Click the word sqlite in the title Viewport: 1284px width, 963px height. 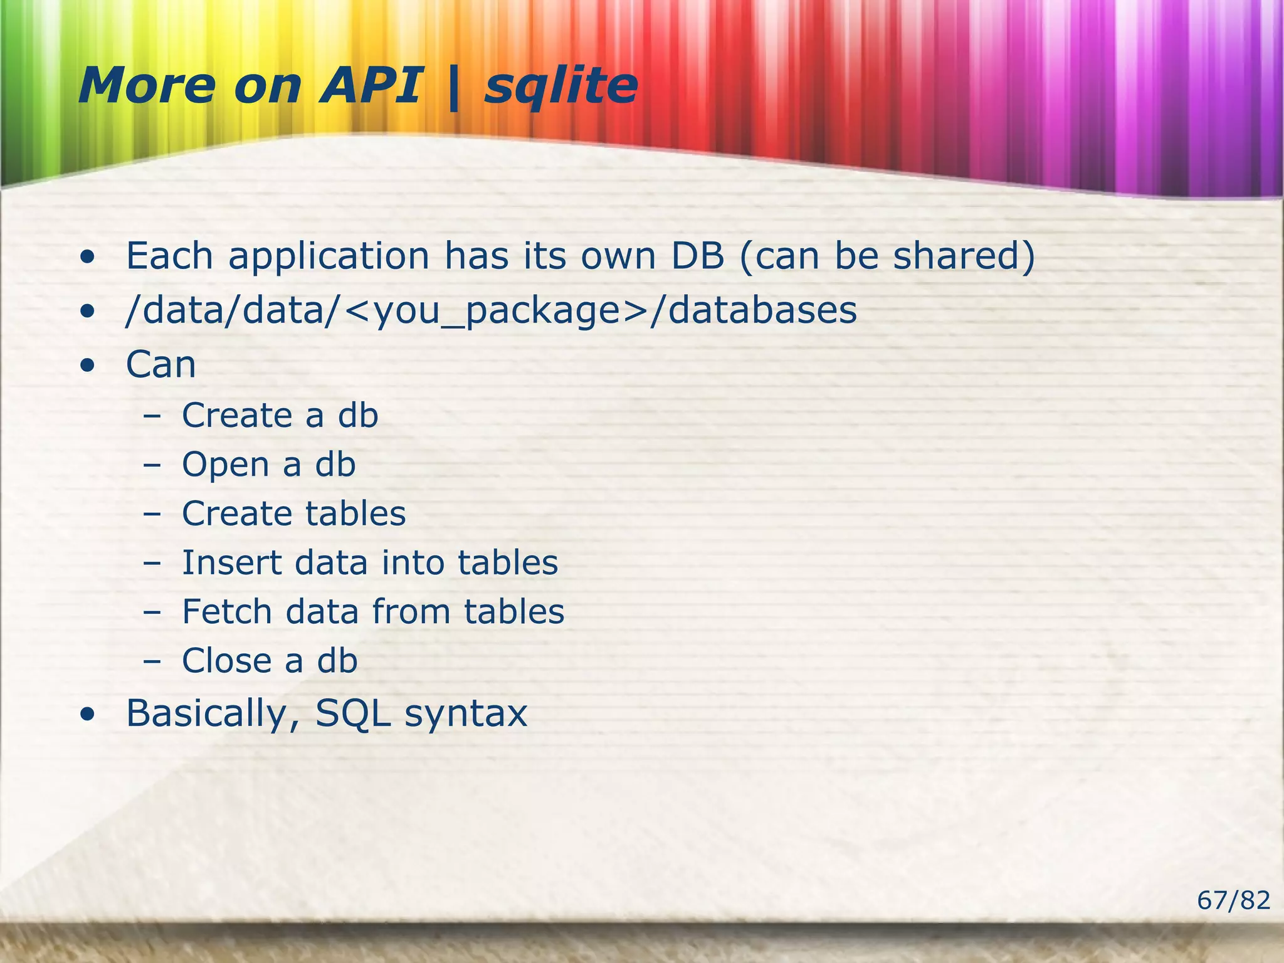(561, 86)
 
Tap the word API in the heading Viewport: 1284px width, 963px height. (370, 86)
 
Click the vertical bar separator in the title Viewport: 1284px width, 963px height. (453, 88)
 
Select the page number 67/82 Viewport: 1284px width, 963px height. (1233, 900)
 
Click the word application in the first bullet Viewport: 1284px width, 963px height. (329, 257)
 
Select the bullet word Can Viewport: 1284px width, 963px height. (160, 365)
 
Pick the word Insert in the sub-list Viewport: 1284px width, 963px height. (231, 562)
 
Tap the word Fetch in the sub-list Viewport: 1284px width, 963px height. (226, 611)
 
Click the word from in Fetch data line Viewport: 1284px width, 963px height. (411, 611)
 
